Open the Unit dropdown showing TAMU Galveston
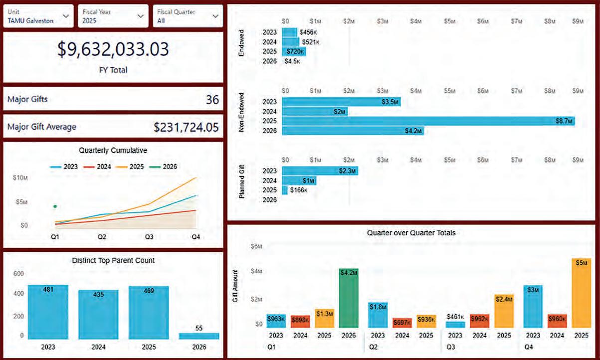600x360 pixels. [38, 16]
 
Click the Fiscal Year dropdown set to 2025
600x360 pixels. [113, 16]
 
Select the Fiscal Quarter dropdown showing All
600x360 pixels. [188, 16]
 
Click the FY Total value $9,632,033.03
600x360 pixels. [113, 49]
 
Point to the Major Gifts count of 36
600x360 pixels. [212, 100]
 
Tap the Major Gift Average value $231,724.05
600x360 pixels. [186, 127]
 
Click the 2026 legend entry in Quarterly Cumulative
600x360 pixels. [165, 167]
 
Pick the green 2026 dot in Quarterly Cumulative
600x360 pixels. [55, 206]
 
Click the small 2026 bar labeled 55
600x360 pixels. [199, 336]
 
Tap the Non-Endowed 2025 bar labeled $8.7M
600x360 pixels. [428, 121]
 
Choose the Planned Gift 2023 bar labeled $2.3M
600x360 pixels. [320, 171]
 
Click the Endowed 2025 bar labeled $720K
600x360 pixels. [294, 51]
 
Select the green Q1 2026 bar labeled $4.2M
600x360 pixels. [349, 298]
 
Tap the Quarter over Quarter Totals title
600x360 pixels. [411, 232]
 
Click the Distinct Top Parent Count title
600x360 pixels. [113, 260]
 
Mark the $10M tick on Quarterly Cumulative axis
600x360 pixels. [20, 178]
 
